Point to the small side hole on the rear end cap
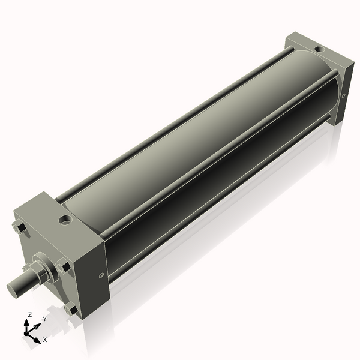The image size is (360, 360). (343, 95)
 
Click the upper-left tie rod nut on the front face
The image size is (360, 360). (18, 228)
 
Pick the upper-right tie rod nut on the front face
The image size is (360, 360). (63, 265)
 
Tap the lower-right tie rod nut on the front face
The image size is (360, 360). (71, 310)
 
